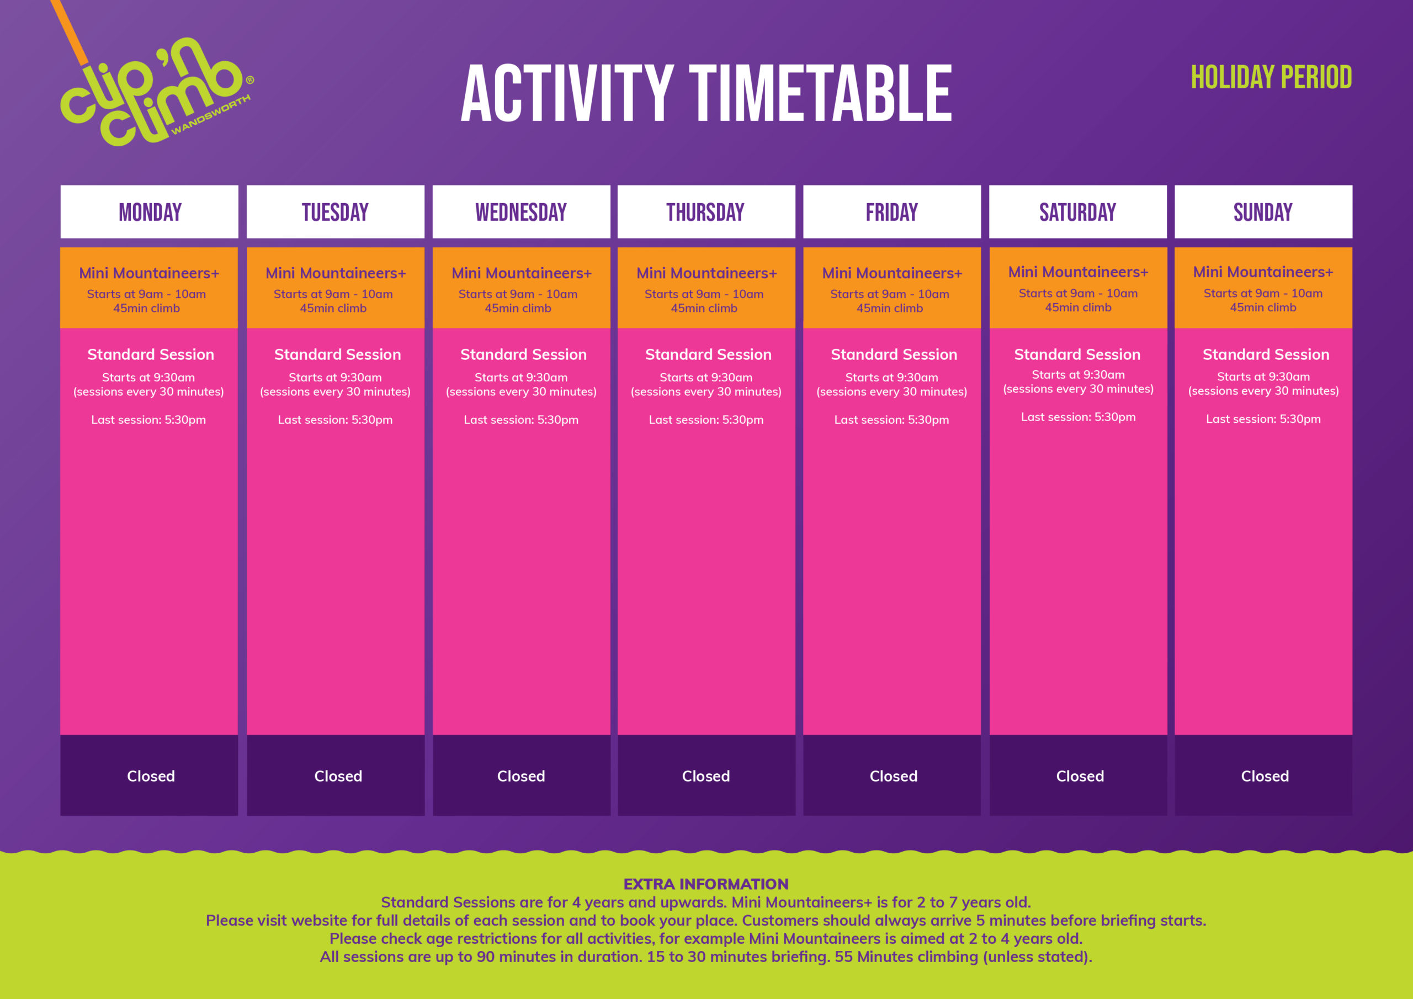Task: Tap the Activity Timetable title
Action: pyautogui.click(x=706, y=94)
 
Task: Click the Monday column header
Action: pyautogui.click(x=150, y=212)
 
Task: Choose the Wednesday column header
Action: pyautogui.click(x=521, y=212)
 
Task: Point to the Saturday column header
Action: pyautogui.click(x=1077, y=212)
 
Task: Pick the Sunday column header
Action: pyautogui.click(x=1263, y=212)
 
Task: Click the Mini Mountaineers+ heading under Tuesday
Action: pyautogui.click(x=336, y=273)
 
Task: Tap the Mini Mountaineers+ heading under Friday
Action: pyautogui.click(x=892, y=273)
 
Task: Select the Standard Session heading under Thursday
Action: pyautogui.click(x=708, y=354)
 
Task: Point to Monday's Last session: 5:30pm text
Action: pyautogui.click(x=148, y=420)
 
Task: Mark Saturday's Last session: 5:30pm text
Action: pyautogui.click(x=1078, y=417)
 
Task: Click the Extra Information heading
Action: pyautogui.click(x=706, y=884)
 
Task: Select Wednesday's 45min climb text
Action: pyautogui.click(x=518, y=309)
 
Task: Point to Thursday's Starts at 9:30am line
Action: pyautogui.click(x=706, y=378)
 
